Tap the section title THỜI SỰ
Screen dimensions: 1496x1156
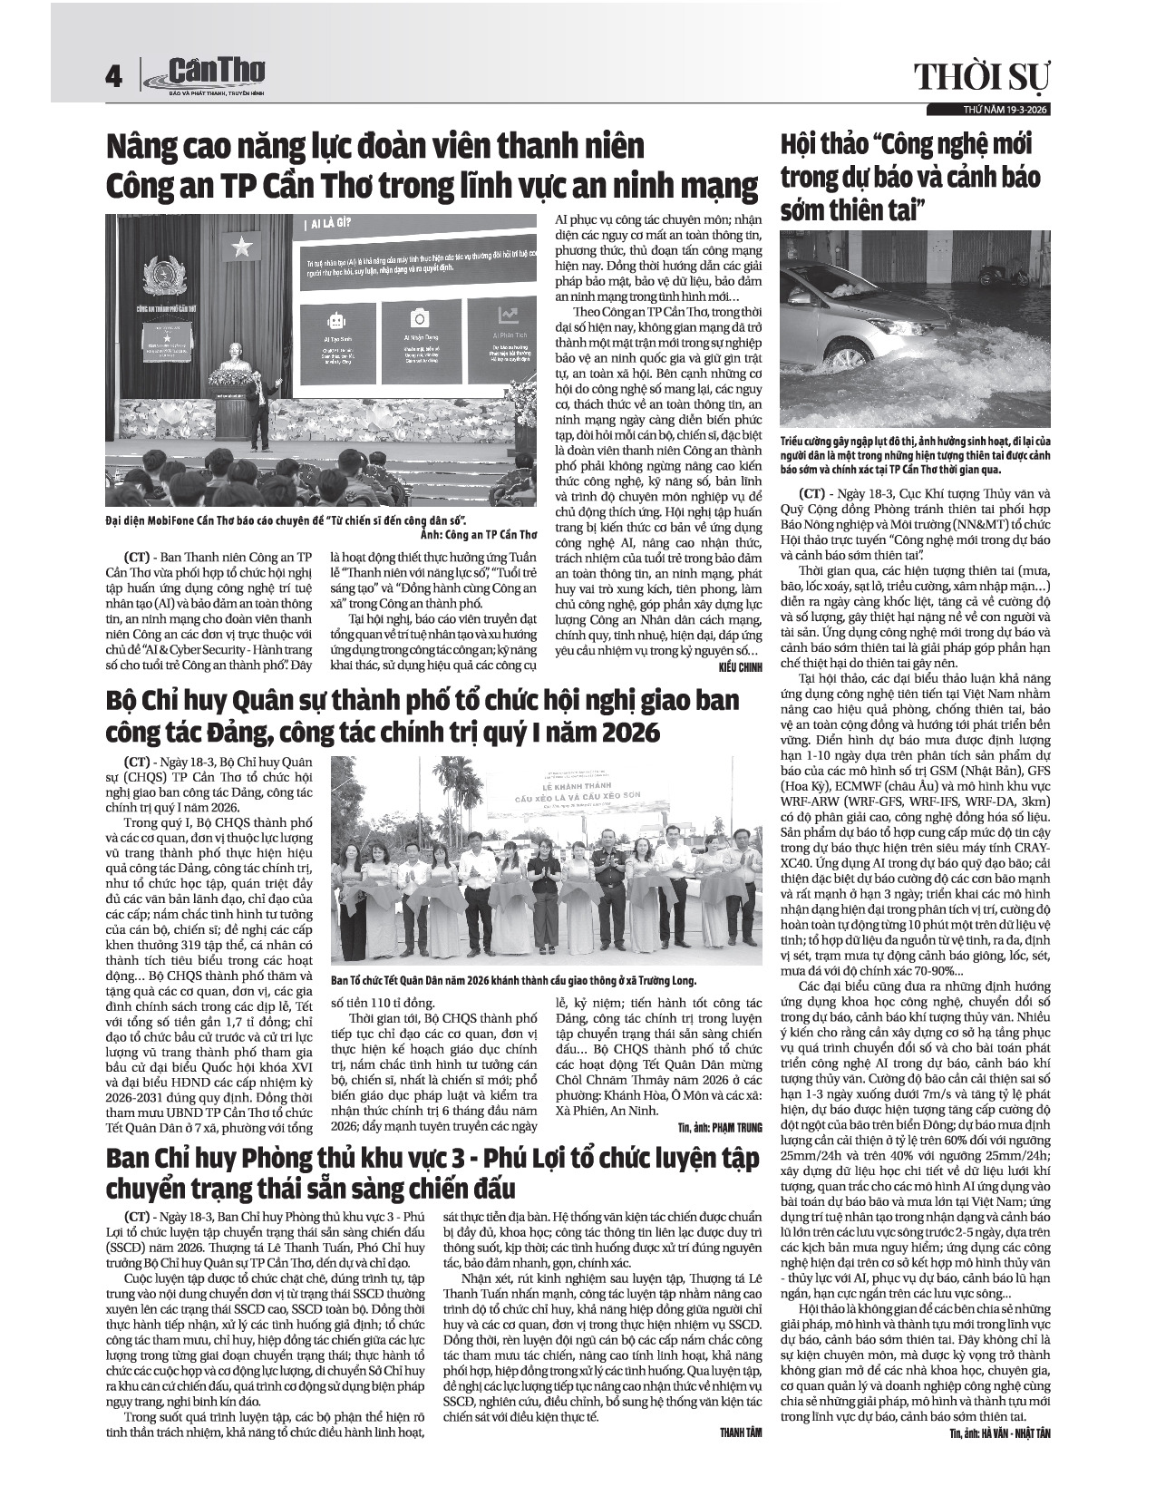[x=982, y=78]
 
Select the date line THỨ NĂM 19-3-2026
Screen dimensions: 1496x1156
[x=994, y=109]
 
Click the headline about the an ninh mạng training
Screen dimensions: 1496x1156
[x=431, y=166]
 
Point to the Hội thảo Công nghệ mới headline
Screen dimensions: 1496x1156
[x=910, y=178]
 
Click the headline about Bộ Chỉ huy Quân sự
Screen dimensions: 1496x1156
[x=422, y=714]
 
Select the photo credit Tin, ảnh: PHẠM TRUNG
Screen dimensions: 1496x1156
[x=719, y=1128]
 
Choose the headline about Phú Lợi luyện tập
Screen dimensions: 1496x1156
[x=431, y=1172]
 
